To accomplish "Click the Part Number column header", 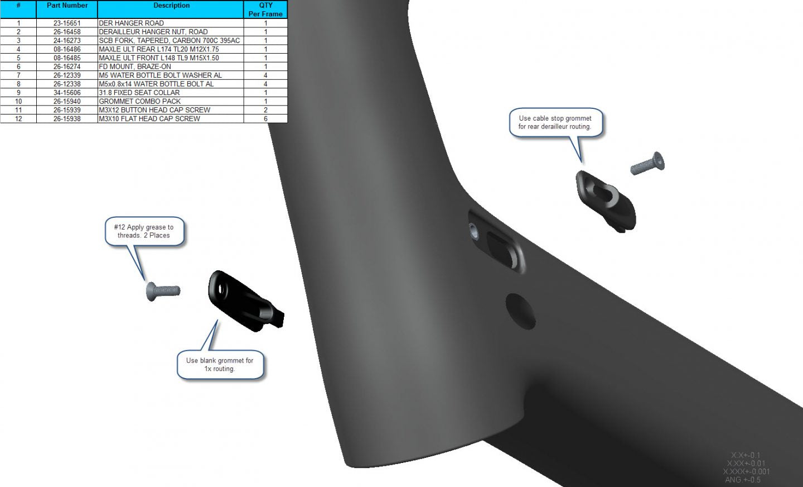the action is pos(67,6).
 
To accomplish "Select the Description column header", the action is pos(171,6).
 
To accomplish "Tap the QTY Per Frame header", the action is pos(265,9).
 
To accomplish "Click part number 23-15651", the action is pos(67,23).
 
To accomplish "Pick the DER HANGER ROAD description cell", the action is pos(131,23).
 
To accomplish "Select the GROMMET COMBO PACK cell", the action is pos(139,101).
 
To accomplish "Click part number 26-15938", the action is pos(67,118).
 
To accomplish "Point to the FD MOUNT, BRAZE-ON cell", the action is pos(135,66).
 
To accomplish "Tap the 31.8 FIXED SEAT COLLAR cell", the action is pos(139,93).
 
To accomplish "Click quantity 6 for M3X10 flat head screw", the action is pos(265,118).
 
